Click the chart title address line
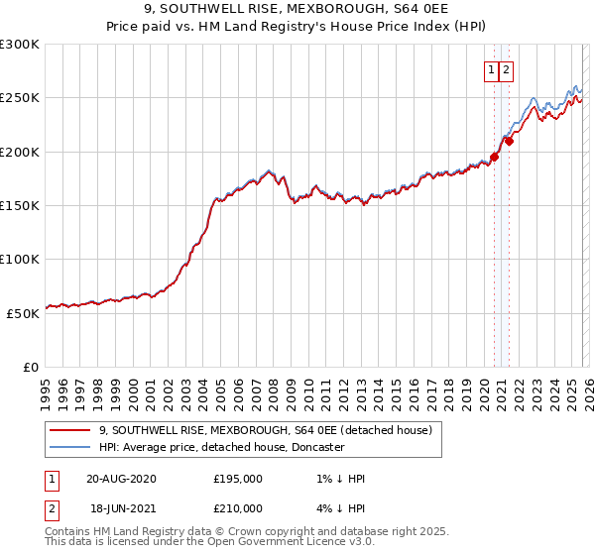pyautogui.click(x=297, y=11)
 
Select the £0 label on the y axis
pyautogui.click(x=32, y=366)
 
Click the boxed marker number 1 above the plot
pyautogui.click(x=491, y=69)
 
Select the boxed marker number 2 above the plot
pyautogui.click(x=506, y=69)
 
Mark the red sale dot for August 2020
pyautogui.click(x=494, y=157)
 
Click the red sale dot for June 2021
pyautogui.click(x=509, y=141)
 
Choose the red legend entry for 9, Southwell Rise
pyautogui.click(x=265, y=431)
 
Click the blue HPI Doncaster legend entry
pyautogui.click(x=221, y=448)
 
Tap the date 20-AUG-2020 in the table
pyautogui.click(x=121, y=479)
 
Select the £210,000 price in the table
pyautogui.click(x=238, y=508)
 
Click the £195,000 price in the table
pyautogui.click(x=238, y=479)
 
